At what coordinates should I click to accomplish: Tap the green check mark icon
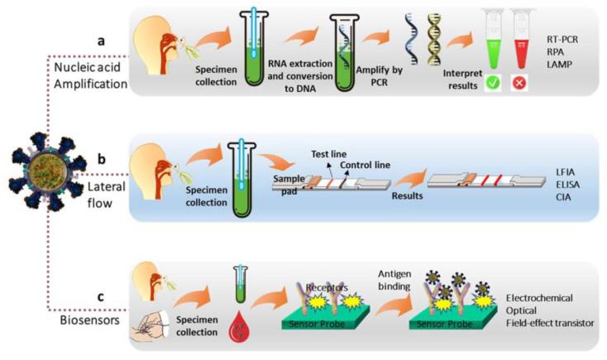(495, 106)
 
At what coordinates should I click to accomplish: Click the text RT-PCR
(565, 38)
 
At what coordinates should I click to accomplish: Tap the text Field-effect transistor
(553, 322)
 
